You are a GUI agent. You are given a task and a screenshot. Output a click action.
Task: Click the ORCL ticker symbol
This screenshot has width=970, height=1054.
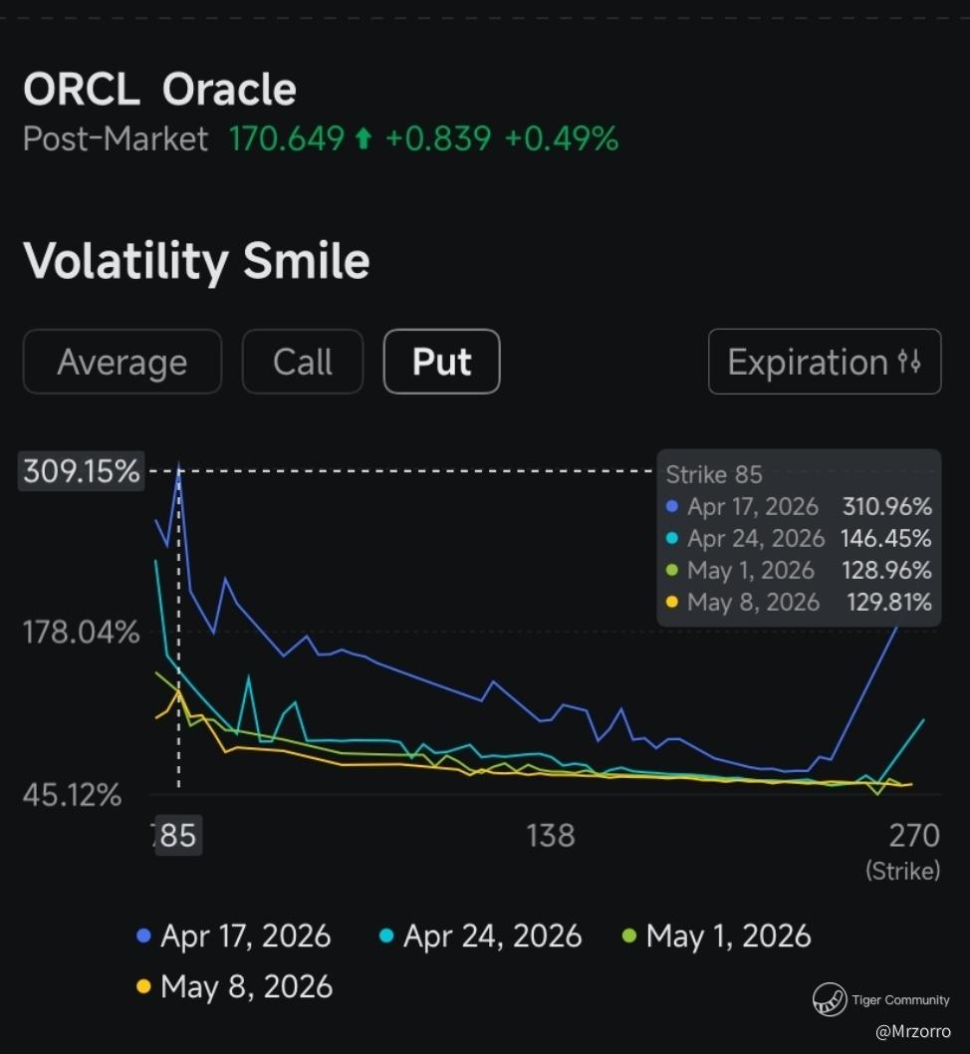[x=81, y=90]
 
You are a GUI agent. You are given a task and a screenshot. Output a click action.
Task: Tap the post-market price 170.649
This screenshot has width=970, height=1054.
[x=287, y=138]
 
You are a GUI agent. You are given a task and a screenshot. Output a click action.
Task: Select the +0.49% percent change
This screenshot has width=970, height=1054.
[x=561, y=138]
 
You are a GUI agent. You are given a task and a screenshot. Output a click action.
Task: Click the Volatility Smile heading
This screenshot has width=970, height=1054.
[x=196, y=261]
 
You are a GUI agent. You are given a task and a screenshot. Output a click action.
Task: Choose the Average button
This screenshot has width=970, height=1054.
[x=121, y=362]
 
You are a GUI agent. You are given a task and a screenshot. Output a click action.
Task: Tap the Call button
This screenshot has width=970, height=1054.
[x=303, y=362]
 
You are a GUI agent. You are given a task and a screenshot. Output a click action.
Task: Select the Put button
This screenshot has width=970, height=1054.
[x=441, y=362]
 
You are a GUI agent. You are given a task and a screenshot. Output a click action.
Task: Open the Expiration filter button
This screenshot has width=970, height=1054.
[x=824, y=362]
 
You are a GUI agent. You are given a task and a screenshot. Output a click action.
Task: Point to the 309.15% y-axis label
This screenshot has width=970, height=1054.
[x=82, y=471]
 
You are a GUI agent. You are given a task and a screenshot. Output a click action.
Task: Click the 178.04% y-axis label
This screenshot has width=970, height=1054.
[x=82, y=632]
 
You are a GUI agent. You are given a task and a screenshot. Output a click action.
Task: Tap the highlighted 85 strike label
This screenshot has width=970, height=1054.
[x=178, y=835]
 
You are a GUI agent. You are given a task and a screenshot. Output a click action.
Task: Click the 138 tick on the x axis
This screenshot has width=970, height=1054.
[x=551, y=835]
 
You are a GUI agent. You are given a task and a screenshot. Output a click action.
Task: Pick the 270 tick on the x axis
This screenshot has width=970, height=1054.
[x=914, y=835]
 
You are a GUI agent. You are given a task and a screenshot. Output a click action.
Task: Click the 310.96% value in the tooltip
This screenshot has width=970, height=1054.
[x=886, y=507]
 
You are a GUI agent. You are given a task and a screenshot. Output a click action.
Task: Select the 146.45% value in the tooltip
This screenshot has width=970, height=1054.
[x=886, y=539]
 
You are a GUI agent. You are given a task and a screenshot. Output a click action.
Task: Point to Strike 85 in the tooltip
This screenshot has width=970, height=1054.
[x=713, y=474]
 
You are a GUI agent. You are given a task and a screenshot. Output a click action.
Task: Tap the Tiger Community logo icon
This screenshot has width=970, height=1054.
[x=829, y=998]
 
